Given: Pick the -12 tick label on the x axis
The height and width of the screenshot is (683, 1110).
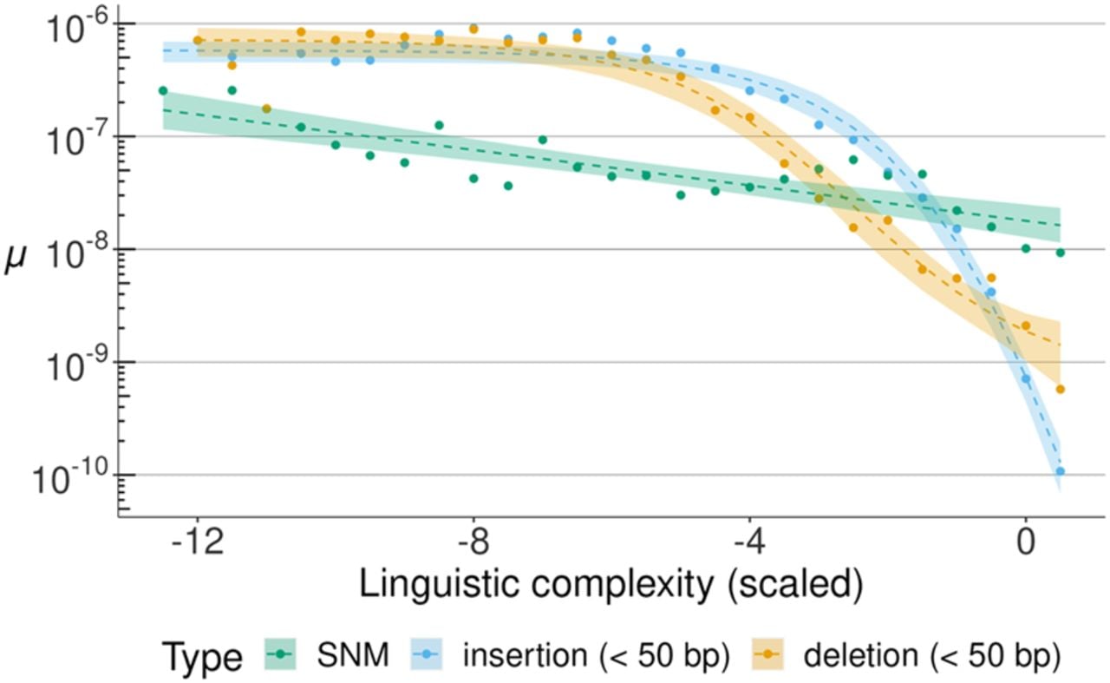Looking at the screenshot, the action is (197, 543).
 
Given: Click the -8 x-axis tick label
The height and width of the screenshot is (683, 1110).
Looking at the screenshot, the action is (474, 543).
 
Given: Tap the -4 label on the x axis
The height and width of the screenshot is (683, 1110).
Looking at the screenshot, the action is (750, 543).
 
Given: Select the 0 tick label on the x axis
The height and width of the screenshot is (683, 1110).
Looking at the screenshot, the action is (1026, 543).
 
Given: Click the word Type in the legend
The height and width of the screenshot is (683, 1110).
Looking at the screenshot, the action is (202, 658).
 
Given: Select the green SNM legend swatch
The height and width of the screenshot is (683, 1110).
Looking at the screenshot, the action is (280, 654).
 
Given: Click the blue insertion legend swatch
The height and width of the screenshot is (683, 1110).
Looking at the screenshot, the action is (426, 654).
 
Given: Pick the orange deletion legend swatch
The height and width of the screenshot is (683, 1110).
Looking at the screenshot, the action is (767, 654).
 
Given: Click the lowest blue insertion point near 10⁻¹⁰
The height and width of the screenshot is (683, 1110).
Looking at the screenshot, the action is (1060, 471).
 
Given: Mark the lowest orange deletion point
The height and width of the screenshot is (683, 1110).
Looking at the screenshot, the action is (1060, 390).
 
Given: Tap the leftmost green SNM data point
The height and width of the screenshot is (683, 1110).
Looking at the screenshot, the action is (163, 91).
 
